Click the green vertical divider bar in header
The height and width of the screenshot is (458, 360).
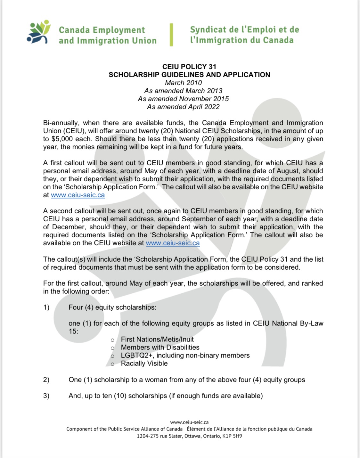click(x=171, y=35)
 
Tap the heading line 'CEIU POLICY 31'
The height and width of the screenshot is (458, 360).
click(x=189, y=67)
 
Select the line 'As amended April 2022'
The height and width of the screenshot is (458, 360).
click(x=183, y=107)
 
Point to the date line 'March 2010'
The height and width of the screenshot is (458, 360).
click(x=183, y=83)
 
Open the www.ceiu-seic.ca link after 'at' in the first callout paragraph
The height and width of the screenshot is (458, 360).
click(x=78, y=195)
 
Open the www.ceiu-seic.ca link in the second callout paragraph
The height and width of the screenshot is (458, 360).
click(x=173, y=243)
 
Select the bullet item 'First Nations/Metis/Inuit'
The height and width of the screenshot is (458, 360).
click(x=157, y=339)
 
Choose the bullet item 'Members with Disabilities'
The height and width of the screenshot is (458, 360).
click(x=160, y=347)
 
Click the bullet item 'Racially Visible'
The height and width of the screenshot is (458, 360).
click(x=144, y=364)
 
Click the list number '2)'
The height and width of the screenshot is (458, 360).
click(x=46, y=380)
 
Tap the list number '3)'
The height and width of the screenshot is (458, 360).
click(x=46, y=396)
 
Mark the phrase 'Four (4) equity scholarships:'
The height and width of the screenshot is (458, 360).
click(x=112, y=307)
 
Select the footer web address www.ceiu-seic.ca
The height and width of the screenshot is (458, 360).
click(x=189, y=422)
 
